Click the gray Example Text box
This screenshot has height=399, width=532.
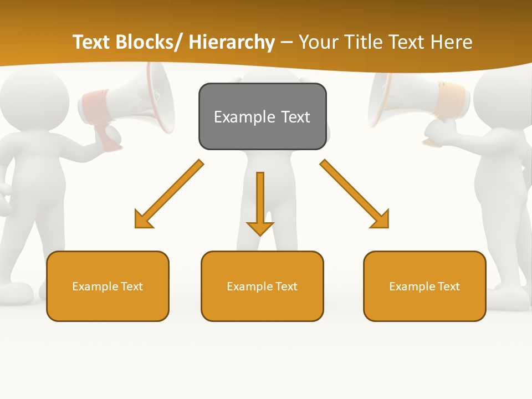[262, 116]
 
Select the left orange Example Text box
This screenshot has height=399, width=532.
[108, 286]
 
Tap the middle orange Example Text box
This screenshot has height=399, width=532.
[262, 286]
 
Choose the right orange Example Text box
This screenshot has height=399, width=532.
[424, 286]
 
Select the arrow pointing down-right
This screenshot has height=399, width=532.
[355, 195]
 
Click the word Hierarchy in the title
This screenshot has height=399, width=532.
[231, 42]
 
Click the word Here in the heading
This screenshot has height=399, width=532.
[452, 42]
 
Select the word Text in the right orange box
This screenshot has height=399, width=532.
[449, 286]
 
